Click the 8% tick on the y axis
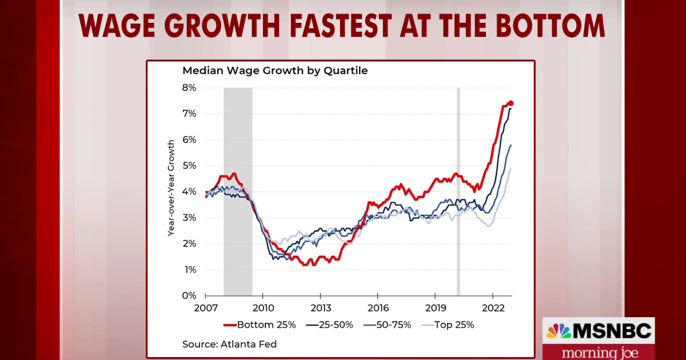tap(189, 88)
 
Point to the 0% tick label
tap(189, 296)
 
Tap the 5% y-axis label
tap(189, 166)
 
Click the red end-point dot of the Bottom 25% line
tap(511, 103)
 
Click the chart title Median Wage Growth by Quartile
tap(275, 71)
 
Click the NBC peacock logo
tap(559, 331)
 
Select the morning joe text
tap(598, 351)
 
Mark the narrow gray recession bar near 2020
tap(458, 192)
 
